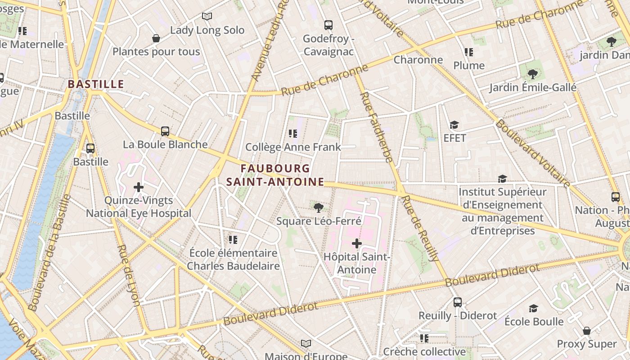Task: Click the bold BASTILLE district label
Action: click(x=96, y=84)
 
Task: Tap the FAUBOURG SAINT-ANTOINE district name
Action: click(x=275, y=175)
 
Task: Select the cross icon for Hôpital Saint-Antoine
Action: click(x=357, y=244)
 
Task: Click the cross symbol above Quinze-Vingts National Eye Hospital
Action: click(x=139, y=187)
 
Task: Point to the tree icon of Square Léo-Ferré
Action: click(x=319, y=207)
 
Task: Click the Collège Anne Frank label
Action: click(x=293, y=147)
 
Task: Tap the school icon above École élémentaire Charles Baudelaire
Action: click(x=233, y=239)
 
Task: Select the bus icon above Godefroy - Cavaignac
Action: click(x=328, y=25)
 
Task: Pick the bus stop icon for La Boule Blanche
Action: click(x=165, y=131)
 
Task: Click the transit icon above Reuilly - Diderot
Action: click(x=458, y=302)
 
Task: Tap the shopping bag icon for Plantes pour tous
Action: click(x=156, y=38)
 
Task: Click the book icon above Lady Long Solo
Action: click(x=207, y=17)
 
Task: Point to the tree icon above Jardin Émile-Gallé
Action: click(x=532, y=74)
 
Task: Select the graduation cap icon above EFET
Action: click(x=454, y=125)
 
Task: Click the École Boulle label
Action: click(x=534, y=322)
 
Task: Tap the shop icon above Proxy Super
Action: click(x=587, y=331)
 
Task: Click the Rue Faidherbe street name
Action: click(x=377, y=127)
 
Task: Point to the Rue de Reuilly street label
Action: click(x=421, y=229)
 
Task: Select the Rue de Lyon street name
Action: click(x=129, y=275)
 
